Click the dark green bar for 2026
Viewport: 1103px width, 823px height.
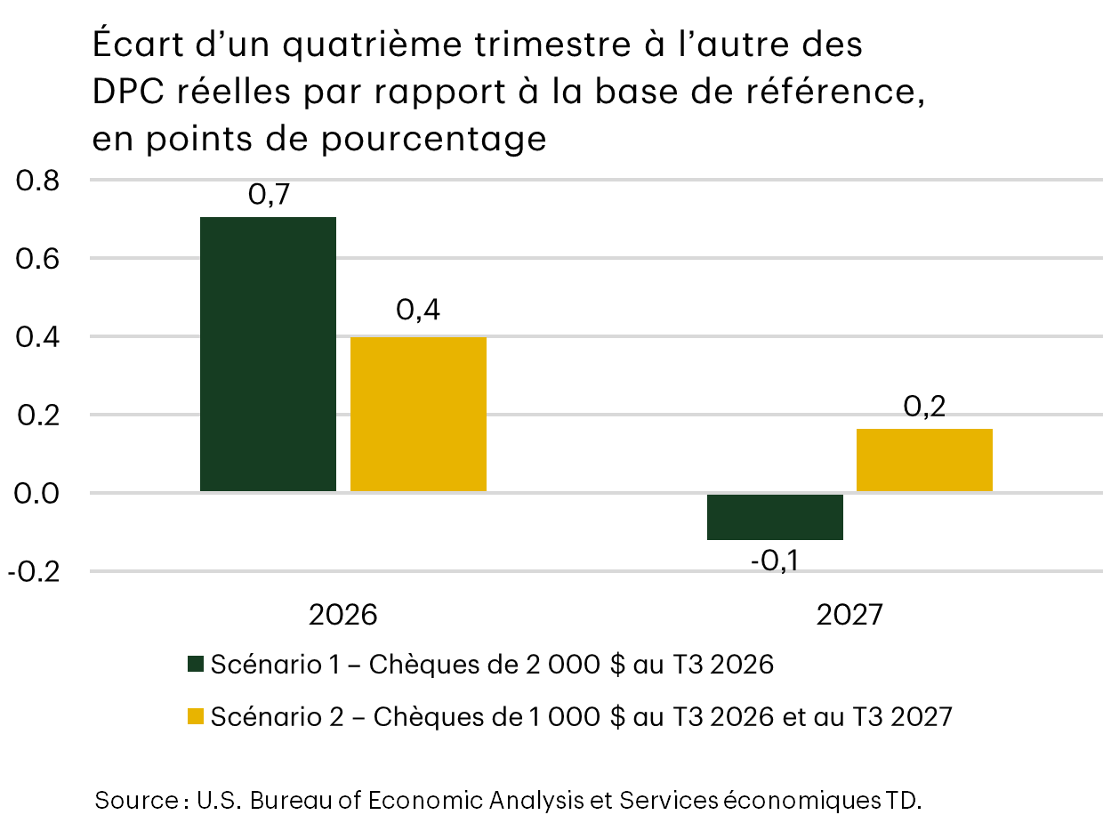coord(268,354)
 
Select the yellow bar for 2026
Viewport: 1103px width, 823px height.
coord(418,414)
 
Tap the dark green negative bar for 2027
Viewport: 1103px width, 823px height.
coord(775,517)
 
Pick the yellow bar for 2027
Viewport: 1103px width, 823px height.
coord(924,460)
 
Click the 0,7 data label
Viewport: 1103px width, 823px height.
coord(269,197)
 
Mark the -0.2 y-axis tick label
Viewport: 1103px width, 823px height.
coord(33,571)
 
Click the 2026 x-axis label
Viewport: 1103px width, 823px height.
coord(342,615)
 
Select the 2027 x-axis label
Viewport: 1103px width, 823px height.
coord(849,615)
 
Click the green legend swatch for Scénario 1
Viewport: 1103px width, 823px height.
coord(196,665)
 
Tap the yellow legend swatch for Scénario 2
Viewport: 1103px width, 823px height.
coord(196,717)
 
